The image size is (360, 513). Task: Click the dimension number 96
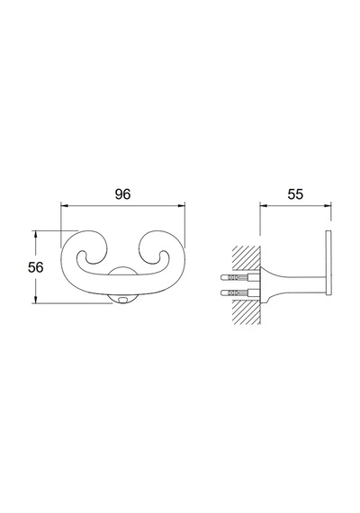(x=122, y=194)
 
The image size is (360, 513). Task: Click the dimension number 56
(x=35, y=267)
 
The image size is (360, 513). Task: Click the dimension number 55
(x=295, y=194)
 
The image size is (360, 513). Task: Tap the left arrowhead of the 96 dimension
(x=64, y=206)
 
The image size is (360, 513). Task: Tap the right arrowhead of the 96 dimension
(x=181, y=206)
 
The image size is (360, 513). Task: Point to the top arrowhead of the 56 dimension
(x=36, y=234)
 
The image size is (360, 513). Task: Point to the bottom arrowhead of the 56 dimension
(x=36, y=300)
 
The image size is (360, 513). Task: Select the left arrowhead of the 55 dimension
(x=264, y=206)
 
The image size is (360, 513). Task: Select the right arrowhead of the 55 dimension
(x=328, y=206)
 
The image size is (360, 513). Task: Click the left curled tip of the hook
(x=82, y=255)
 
